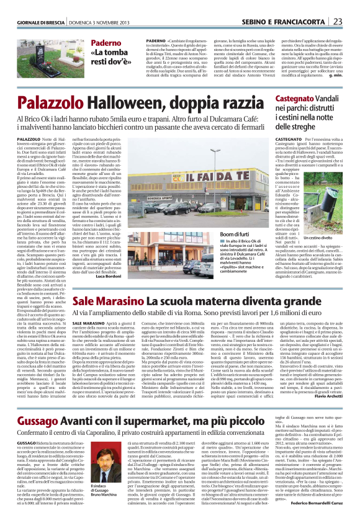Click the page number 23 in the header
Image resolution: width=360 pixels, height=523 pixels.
352,6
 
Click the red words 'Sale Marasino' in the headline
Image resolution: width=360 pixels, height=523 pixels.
108,300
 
